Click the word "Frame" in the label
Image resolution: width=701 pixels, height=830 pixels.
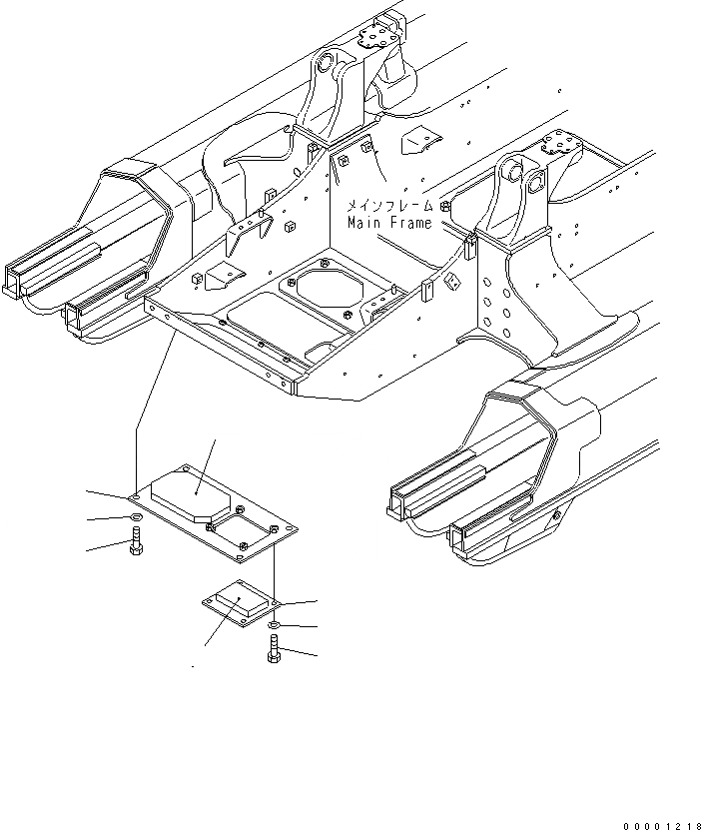pyautogui.click(x=409, y=223)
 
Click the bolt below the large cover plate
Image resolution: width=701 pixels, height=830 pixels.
pyautogui.click(x=136, y=547)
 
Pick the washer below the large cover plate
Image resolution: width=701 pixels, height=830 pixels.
pyautogui.click(x=136, y=518)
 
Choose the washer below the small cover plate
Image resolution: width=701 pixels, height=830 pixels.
pyautogui.click(x=274, y=626)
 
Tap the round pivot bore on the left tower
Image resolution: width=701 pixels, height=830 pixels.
pyautogui.click(x=324, y=66)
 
